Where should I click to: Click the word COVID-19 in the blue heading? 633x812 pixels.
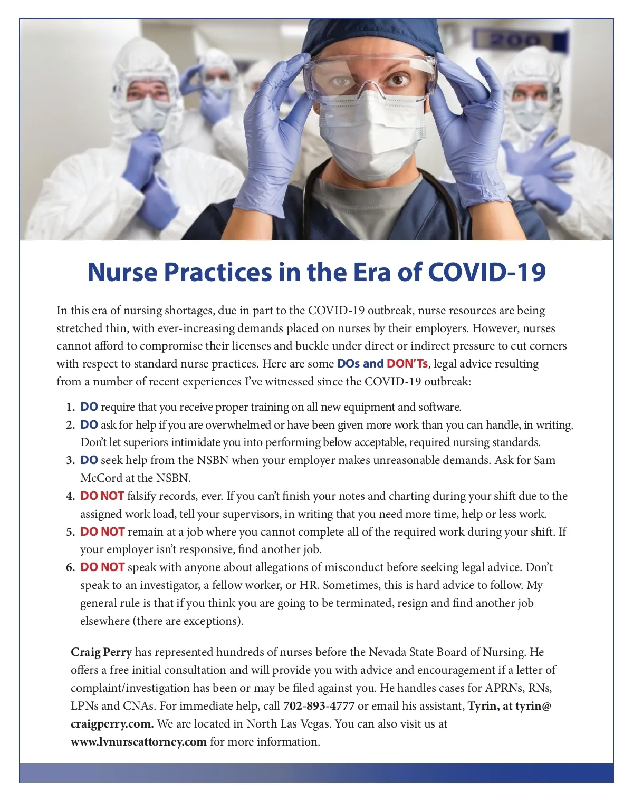486,272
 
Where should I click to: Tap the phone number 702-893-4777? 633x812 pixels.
319,706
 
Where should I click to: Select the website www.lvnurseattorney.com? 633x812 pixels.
139,742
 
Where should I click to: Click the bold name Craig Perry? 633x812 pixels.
101,652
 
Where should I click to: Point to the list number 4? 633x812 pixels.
70,496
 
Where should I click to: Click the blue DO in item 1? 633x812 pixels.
89,407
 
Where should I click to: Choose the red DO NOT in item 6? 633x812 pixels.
102,567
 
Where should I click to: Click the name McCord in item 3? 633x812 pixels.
101,478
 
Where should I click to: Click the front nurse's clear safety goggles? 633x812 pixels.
369,79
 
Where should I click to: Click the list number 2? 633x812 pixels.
70,425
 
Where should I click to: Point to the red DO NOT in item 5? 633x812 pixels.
102,532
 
